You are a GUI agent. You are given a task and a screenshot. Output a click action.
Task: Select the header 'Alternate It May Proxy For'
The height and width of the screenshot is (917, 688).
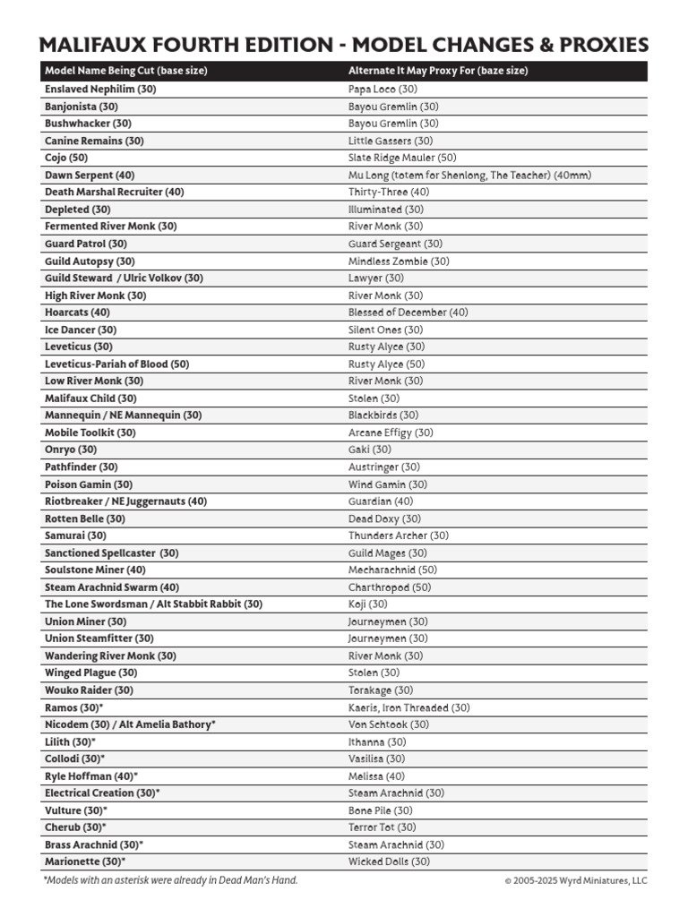[x=437, y=72]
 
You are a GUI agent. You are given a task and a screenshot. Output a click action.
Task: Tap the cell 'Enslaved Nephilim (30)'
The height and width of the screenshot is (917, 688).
[x=100, y=90]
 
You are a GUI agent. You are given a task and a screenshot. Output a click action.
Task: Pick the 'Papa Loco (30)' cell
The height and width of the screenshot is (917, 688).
[x=383, y=90]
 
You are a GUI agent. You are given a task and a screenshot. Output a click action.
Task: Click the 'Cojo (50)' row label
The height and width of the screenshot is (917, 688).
[x=66, y=158]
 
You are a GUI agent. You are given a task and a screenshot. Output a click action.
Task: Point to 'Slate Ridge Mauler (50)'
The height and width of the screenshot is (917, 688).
[x=402, y=158]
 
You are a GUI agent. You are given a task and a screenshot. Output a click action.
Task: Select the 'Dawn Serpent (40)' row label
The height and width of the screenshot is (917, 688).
[x=90, y=176]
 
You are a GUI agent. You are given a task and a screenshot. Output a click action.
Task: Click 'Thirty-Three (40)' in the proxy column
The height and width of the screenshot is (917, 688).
[x=389, y=193]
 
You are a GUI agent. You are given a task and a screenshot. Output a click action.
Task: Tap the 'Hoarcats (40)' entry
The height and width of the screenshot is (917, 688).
[x=77, y=313]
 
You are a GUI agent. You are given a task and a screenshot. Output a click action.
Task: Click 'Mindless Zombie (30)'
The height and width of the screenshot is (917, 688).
[x=399, y=261]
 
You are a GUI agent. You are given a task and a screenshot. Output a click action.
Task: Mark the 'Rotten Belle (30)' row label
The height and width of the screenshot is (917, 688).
[x=85, y=518]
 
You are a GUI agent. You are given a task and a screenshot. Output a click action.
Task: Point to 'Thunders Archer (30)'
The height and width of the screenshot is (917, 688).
[x=399, y=536]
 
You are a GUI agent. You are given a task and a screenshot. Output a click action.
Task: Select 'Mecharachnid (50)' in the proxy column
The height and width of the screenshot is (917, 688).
[x=392, y=570]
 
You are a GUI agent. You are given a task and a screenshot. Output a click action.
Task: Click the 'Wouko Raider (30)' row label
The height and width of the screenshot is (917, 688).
[x=89, y=690]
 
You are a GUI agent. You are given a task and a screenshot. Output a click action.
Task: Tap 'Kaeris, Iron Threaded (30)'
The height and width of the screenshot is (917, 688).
[x=408, y=707]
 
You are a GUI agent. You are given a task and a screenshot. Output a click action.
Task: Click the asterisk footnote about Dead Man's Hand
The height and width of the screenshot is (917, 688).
[x=170, y=880]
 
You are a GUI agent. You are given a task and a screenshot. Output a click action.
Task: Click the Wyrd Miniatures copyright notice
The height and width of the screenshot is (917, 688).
[x=575, y=881]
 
